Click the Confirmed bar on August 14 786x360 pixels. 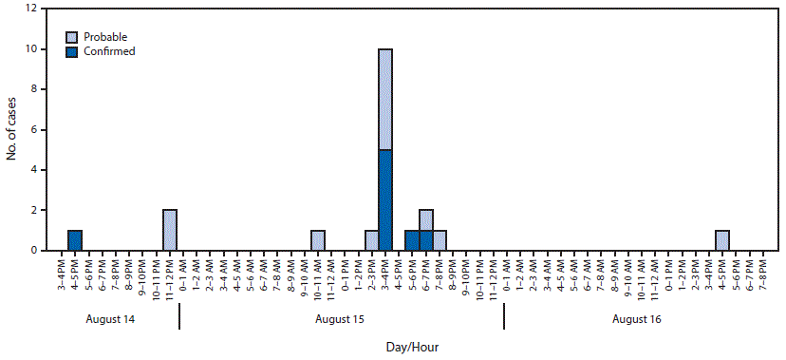point(75,240)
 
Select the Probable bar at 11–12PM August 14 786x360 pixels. point(170,230)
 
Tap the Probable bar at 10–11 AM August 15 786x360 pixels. point(318,240)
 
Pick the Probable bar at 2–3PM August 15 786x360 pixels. point(372,240)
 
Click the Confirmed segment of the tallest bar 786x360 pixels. point(385,199)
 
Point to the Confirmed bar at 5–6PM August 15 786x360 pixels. point(412,240)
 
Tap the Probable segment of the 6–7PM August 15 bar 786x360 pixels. point(426,220)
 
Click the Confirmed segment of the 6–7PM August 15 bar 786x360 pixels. point(426,240)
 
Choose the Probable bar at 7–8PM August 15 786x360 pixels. point(440,240)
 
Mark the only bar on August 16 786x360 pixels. point(722,240)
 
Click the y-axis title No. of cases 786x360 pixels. point(11,129)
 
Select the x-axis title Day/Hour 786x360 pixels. point(412,347)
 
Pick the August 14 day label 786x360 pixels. point(109,319)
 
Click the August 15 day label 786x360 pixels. point(341,319)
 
